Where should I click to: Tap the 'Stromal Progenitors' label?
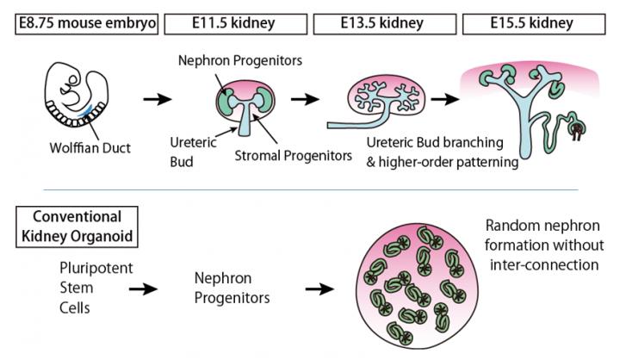click(292, 156)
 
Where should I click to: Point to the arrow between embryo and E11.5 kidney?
click(156, 101)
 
